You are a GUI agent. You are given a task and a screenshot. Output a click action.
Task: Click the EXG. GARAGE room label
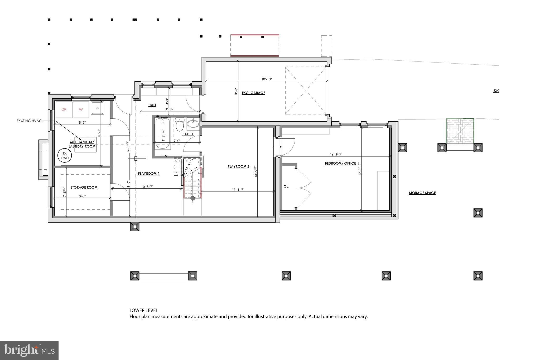253,93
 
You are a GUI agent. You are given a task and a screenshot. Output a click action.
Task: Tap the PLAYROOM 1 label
149,174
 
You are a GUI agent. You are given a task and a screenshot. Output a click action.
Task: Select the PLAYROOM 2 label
238,166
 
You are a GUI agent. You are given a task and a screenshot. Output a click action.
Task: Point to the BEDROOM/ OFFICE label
340,164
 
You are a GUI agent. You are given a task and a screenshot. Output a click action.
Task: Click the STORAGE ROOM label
84,188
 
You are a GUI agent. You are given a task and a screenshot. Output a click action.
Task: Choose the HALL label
152,105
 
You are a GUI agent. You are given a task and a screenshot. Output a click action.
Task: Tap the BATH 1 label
188,134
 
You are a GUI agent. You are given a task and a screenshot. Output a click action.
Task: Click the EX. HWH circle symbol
65,156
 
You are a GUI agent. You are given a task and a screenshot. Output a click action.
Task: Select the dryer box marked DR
64,109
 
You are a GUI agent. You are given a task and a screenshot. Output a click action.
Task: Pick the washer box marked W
81,109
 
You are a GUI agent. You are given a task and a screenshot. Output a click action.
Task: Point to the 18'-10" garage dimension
266,79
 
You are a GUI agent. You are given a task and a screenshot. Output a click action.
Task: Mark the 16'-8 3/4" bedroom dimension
336,155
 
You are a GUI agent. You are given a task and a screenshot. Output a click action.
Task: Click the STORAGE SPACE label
422,193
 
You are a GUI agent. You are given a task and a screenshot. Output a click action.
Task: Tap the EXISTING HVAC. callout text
30,121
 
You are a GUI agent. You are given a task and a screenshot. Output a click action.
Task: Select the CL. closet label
286,186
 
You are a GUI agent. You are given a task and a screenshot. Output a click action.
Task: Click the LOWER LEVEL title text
144,310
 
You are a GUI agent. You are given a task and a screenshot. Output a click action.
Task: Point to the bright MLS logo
29,350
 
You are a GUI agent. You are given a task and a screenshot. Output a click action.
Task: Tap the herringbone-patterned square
460,131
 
